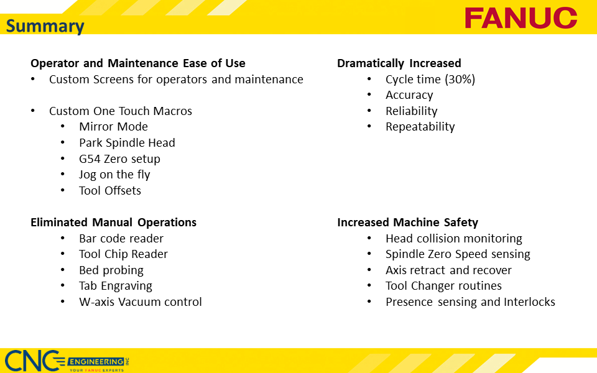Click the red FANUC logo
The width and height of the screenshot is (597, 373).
[521, 18]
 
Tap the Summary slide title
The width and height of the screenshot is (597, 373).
[45, 26]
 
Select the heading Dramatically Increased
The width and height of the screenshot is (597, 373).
[399, 63]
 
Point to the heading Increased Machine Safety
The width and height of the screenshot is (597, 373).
[407, 223]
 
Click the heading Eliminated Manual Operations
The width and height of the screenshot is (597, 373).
[113, 223]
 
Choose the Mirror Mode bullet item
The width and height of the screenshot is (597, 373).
[113, 127]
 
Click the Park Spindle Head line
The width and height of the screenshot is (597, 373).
[127, 143]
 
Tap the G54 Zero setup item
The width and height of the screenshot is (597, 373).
[119, 159]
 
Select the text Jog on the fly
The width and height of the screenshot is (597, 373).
[114, 175]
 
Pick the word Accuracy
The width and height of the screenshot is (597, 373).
[409, 95]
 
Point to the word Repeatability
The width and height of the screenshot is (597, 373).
[420, 127]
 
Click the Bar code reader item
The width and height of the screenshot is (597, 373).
[121, 239]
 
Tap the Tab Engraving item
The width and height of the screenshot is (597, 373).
[116, 286]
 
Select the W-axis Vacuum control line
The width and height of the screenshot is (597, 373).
[141, 302]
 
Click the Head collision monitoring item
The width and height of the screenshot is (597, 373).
[453, 239]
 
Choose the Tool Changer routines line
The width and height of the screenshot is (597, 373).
[443, 286]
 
